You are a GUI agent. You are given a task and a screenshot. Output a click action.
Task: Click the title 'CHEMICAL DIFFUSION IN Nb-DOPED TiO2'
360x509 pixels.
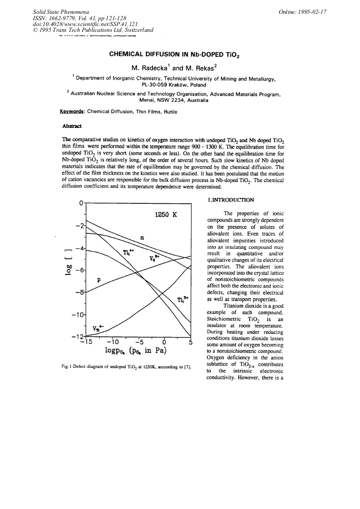[180, 54]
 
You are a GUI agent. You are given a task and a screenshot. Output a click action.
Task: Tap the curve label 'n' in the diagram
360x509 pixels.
[141, 238]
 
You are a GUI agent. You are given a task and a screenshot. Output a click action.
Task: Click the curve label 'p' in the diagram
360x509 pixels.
[99, 280]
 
